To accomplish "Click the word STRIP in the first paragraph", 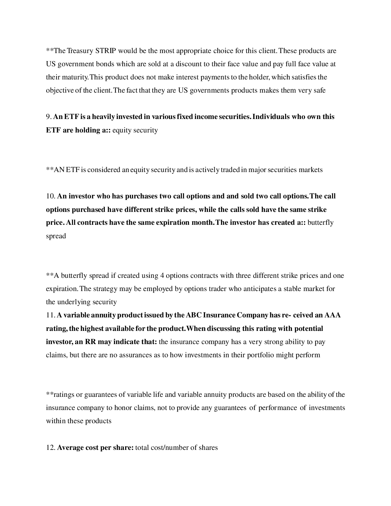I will pos(105,51).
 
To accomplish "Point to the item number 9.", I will pos(48,117).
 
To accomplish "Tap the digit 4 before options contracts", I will pos(162,276).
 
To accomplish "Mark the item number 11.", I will pos(50,315).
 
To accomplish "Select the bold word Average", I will pos(70,448).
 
